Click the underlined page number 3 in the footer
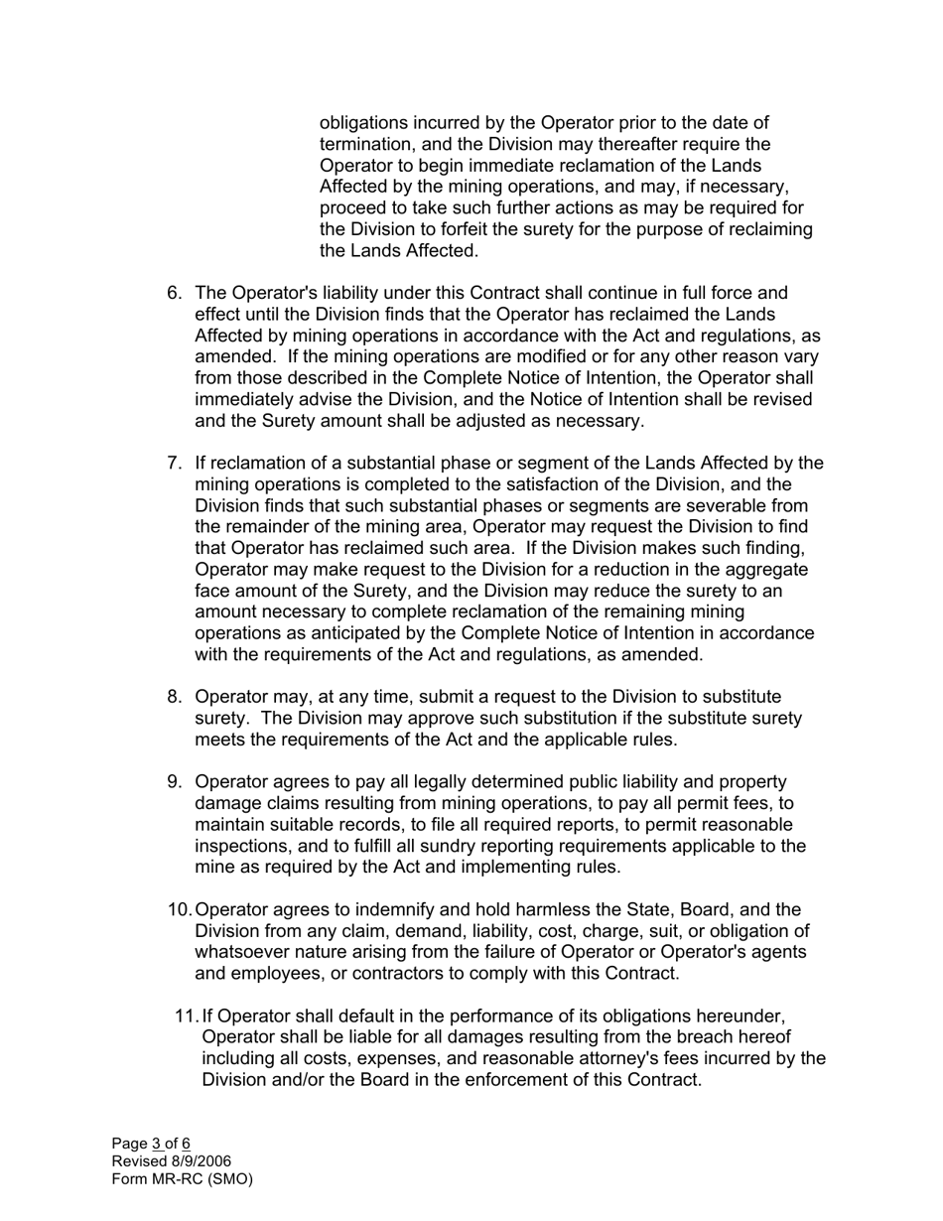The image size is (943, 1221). point(156,1144)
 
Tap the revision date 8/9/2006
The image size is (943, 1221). point(202,1161)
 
